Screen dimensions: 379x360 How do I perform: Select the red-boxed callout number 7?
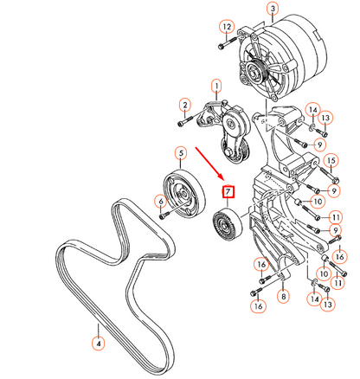(228, 190)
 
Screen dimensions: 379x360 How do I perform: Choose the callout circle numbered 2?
(183, 106)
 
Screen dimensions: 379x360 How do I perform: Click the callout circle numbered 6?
(160, 201)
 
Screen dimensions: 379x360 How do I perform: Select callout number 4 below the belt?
(99, 344)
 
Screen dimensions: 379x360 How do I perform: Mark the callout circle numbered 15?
(330, 160)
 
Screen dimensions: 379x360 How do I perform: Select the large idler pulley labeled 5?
(183, 193)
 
